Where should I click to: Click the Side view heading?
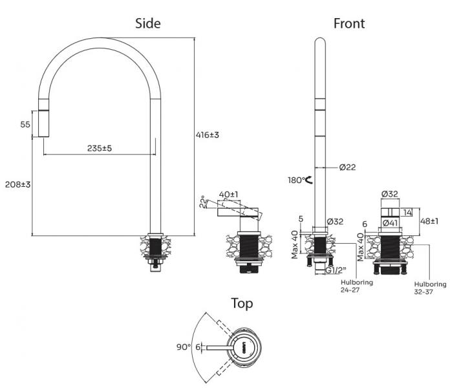click(x=148, y=23)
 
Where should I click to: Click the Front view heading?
click(x=349, y=23)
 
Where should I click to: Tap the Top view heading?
click(x=242, y=303)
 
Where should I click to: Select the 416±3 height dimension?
click(x=208, y=135)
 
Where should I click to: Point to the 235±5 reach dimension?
click(x=100, y=148)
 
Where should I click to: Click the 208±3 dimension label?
click(x=18, y=184)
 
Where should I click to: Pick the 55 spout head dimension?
click(x=25, y=124)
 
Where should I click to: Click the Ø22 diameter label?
click(x=347, y=167)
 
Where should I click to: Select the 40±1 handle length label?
click(x=229, y=194)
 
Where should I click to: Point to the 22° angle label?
click(x=203, y=202)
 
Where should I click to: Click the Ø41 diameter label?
click(x=390, y=223)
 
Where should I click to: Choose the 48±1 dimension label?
click(x=429, y=221)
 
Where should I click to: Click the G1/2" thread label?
click(x=336, y=270)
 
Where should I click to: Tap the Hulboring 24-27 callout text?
click(x=357, y=286)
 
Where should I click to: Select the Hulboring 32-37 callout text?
click(x=430, y=288)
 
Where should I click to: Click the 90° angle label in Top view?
click(x=184, y=347)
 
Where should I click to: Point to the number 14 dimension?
click(x=407, y=212)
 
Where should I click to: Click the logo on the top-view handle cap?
click(x=244, y=347)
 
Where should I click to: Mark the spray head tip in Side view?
click(x=43, y=136)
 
